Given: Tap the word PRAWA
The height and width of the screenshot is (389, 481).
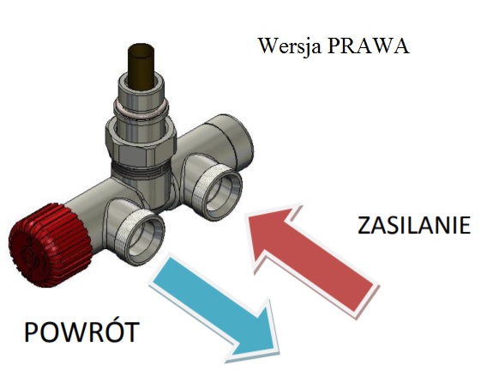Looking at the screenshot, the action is click(368, 46).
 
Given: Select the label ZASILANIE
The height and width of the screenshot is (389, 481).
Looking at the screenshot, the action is click(414, 225).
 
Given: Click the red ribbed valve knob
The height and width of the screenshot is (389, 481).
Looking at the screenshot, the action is click(49, 245).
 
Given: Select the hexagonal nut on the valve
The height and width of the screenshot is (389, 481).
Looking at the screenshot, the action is click(141, 142).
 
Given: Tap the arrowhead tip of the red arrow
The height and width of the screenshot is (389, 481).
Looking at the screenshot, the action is click(245, 216).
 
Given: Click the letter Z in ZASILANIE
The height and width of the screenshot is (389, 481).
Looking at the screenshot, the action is click(364, 226).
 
